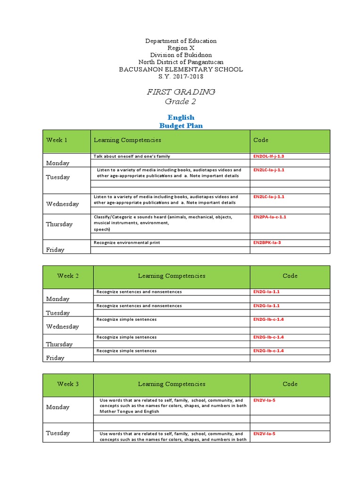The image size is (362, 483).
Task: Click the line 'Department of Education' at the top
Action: click(x=181, y=41)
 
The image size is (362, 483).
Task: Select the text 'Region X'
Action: click(x=181, y=48)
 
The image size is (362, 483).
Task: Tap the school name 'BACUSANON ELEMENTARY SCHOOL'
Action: click(x=181, y=69)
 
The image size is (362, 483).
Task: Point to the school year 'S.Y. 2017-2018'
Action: click(x=181, y=76)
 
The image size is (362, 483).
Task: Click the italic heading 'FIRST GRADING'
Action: click(x=181, y=92)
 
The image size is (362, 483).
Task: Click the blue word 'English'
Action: click(x=181, y=117)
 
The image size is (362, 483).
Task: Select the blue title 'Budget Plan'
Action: click(x=181, y=125)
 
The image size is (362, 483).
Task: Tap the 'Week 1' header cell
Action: click(x=57, y=140)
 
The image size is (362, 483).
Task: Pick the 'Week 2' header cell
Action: click(x=68, y=276)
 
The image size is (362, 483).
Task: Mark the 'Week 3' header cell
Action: click(x=68, y=384)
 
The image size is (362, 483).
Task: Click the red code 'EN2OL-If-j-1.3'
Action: click(x=269, y=156)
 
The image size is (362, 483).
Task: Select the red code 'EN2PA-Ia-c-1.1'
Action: click(x=270, y=217)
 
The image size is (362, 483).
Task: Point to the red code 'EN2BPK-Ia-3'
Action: click(x=267, y=242)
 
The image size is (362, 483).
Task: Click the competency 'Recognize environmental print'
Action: click(x=127, y=242)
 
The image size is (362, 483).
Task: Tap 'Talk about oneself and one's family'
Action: click(x=132, y=156)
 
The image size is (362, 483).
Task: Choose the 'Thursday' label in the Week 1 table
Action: click(x=59, y=224)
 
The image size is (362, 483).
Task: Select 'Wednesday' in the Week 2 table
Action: click(x=62, y=326)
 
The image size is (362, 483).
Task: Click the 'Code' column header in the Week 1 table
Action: click(x=261, y=140)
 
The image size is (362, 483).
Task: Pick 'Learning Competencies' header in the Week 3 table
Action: click(x=172, y=384)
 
